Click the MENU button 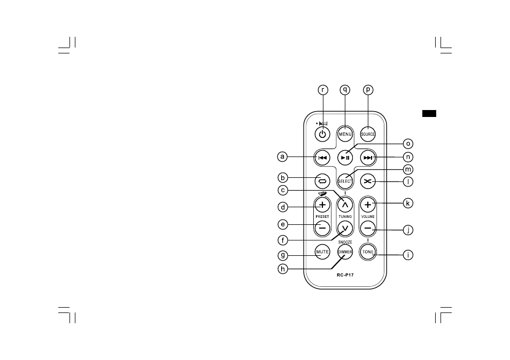click(345, 134)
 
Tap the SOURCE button click(368, 134)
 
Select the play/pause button click(345, 158)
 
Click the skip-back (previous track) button click(322, 158)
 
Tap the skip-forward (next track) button click(368, 158)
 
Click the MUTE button click(322, 252)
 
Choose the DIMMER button click(345, 252)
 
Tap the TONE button click(368, 252)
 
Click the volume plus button click(368, 205)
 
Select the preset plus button click(322, 205)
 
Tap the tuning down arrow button click(345, 228)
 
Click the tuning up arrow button click(345, 205)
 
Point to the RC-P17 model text click(345, 275)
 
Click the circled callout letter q click(345, 90)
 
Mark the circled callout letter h click(283, 269)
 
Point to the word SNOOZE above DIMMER click(345, 242)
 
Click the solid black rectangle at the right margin click(429, 113)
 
